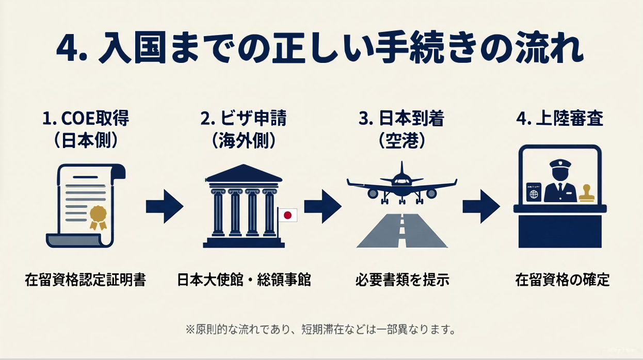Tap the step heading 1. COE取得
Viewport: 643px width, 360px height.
click(x=86, y=119)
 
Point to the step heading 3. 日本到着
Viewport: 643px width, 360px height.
click(x=401, y=119)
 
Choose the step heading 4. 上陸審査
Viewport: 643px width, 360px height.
click(x=559, y=119)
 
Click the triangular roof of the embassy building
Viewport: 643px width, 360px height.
click(x=244, y=173)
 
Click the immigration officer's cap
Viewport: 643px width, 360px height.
click(x=560, y=164)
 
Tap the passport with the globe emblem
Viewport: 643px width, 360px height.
click(x=532, y=193)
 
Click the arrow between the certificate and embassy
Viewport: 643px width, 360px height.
click(x=165, y=207)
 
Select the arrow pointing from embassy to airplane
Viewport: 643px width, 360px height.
click(x=323, y=207)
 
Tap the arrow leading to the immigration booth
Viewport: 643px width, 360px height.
click(x=480, y=207)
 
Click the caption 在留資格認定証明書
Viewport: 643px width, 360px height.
click(x=86, y=280)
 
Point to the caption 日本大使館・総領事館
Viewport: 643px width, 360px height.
click(x=244, y=280)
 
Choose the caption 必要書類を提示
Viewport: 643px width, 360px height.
click(x=401, y=280)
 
